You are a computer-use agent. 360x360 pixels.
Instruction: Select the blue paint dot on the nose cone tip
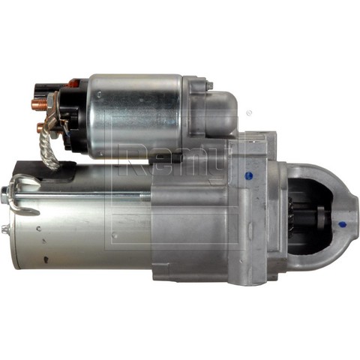(x=341, y=225)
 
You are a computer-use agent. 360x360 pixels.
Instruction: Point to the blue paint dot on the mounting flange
(x=249, y=175)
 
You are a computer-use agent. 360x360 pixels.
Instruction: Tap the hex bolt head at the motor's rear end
(x=5, y=193)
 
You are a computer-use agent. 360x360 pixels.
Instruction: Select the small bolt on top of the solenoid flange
(x=209, y=85)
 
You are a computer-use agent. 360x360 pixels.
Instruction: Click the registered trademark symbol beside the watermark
(x=249, y=113)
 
